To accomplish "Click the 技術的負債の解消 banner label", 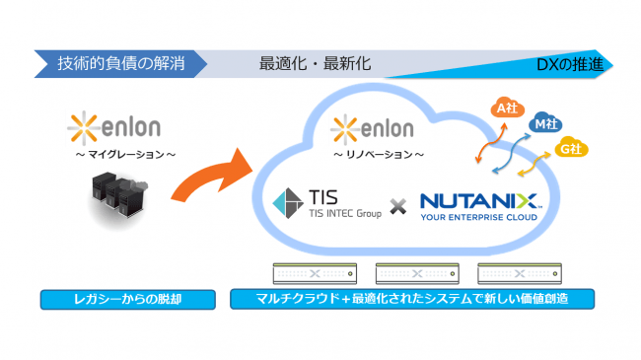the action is [x=121, y=64].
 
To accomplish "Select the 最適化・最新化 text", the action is [x=316, y=64].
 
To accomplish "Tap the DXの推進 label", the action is [x=569, y=65].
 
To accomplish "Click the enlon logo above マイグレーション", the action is [x=114, y=127].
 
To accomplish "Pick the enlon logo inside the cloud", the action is [x=372, y=129].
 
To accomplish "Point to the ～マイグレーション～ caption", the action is [x=125, y=154].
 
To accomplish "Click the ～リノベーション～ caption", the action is [x=379, y=154].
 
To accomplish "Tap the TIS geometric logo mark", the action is [x=288, y=203].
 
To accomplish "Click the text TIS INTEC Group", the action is [x=345, y=213].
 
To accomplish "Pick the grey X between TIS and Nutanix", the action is [x=397, y=206].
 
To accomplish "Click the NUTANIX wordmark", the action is [x=479, y=201].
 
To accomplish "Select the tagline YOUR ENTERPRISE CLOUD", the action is [x=478, y=217].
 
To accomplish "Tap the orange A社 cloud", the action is [x=507, y=108].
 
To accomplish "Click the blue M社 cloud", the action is [x=545, y=122].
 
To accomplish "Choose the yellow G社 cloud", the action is [x=571, y=148].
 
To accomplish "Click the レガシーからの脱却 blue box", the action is [x=128, y=300].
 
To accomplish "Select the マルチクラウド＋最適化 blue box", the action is [x=412, y=299].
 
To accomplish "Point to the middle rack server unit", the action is [x=417, y=273].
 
